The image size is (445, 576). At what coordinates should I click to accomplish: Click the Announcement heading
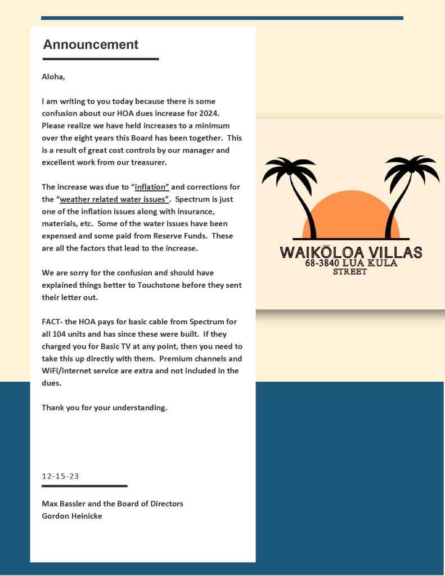coord(91,44)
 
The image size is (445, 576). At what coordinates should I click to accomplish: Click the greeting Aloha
coord(53,77)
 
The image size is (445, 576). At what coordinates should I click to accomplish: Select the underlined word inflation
coord(152,187)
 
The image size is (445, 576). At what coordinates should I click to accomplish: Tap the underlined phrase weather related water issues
coord(115,199)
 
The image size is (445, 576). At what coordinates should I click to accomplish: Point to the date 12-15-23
coord(60,476)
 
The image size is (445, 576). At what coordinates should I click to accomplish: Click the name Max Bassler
coord(66,503)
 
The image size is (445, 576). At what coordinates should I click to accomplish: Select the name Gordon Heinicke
coord(72,516)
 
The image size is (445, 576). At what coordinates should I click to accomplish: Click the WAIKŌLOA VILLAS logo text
coord(350,252)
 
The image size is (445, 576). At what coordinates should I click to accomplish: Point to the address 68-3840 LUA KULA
coord(350,263)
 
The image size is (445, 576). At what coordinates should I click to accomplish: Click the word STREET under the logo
coord(350,272)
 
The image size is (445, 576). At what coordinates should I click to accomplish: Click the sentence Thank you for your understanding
coord(104,407)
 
